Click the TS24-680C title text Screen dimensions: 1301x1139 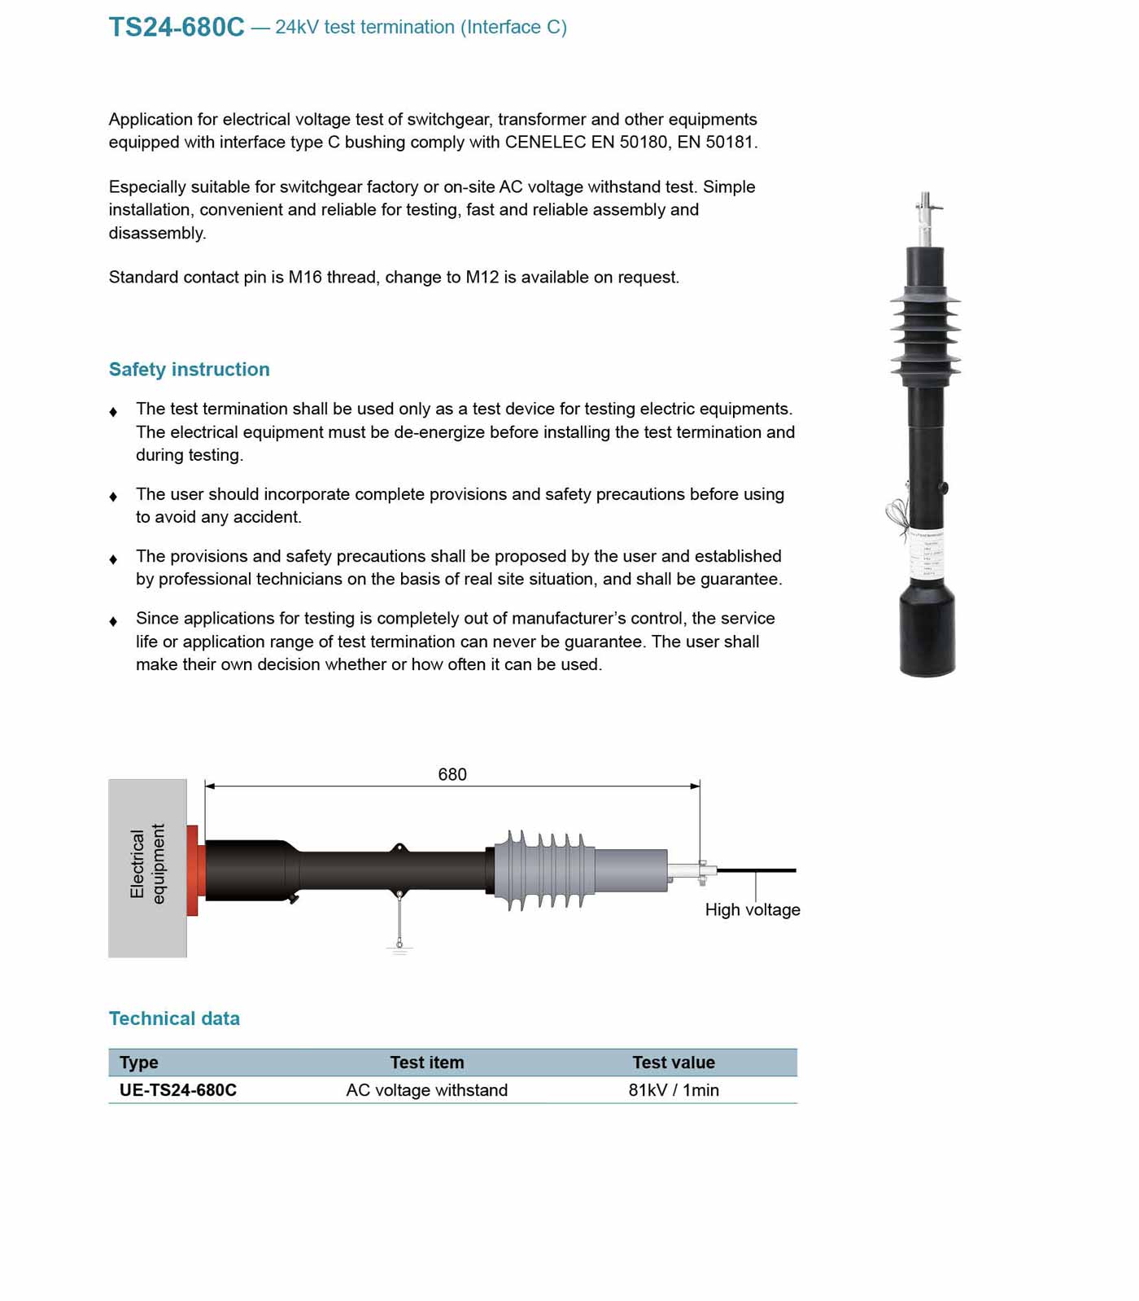click(x=177, y=27)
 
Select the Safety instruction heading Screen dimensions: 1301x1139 click(x=189, y=369)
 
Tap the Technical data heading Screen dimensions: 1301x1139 click(x=174, y=1018)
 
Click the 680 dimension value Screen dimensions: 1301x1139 click(x=452, y=774)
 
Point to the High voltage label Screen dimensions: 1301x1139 click(x=753, y=909)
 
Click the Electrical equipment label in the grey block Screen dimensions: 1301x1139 click(x=147, y=864)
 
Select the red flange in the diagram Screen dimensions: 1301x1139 click(x=193, y=870)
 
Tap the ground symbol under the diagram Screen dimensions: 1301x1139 click(x=399, y=947)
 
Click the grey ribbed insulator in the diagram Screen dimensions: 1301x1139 click(x=546, y=870)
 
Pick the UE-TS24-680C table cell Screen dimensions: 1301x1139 click(x=178, y=1090)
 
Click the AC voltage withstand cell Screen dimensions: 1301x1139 click(x=426, y=1090)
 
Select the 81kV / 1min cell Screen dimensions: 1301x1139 click(x=674, y=1090)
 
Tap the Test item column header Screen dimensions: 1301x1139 click(x=426, y=1062)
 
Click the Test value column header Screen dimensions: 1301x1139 click(x=674, y=1062)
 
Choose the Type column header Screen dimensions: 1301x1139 click(x=139, y=1062)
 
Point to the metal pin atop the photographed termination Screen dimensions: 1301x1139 click(x=926, y=216)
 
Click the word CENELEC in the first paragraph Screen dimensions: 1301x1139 click(x=545, y=142)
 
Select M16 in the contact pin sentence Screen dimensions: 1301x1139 click(x=305, y=278)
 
